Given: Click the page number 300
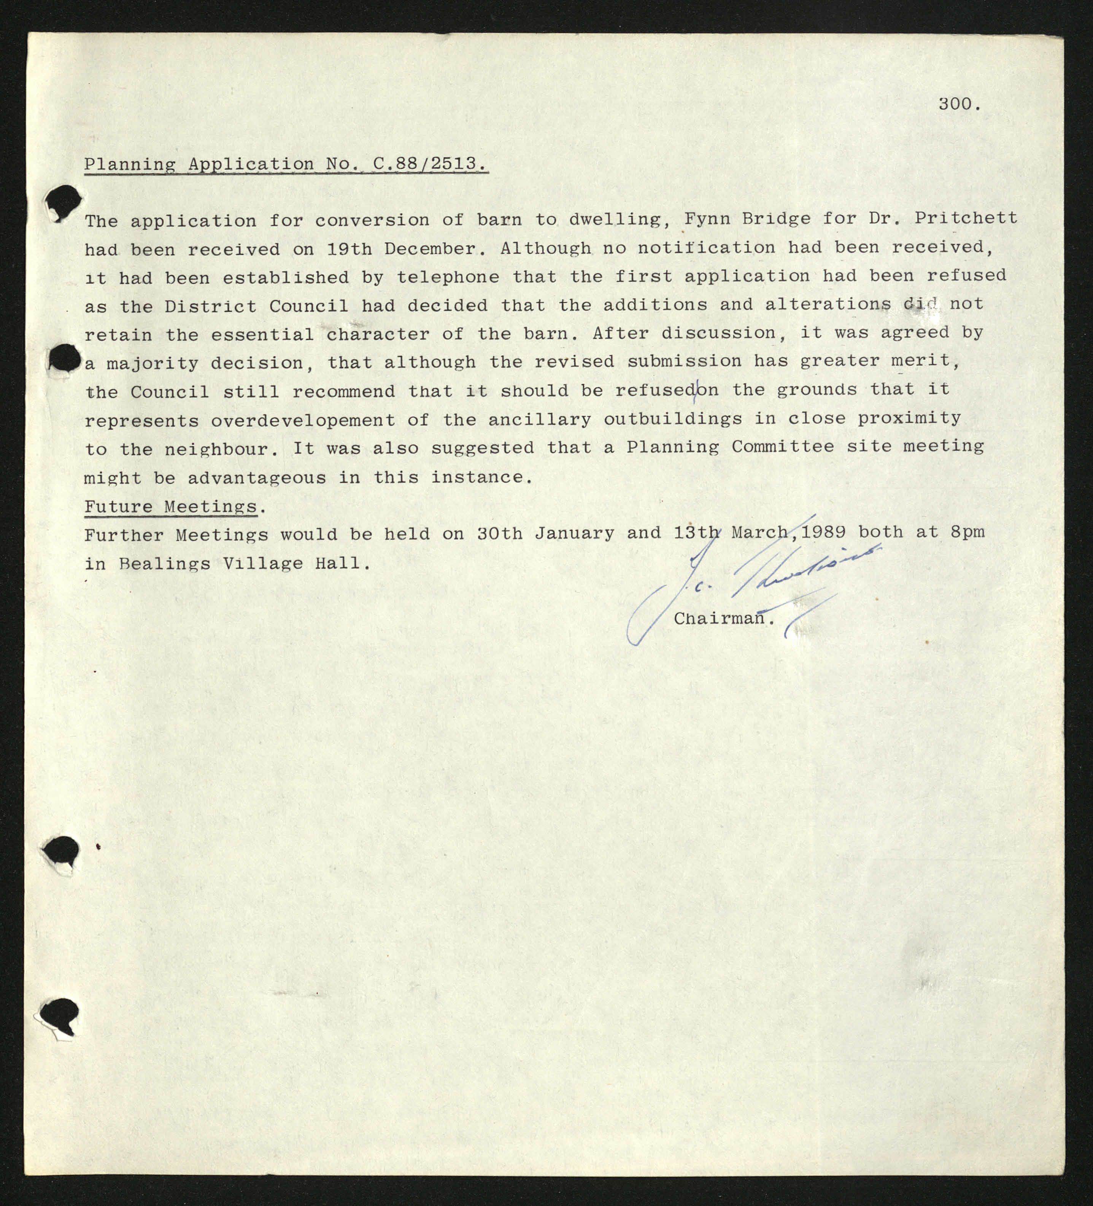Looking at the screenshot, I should (x=958, y=104).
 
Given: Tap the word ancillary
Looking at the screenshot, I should (x=539, y=419).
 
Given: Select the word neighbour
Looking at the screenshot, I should (x=221, y=449).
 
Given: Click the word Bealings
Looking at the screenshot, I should (x=164, y=563).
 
